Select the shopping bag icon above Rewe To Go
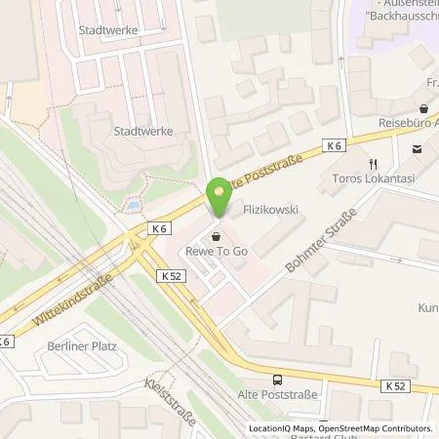click(x=216, y=237)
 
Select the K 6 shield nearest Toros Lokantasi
click(x=335, y=145)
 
